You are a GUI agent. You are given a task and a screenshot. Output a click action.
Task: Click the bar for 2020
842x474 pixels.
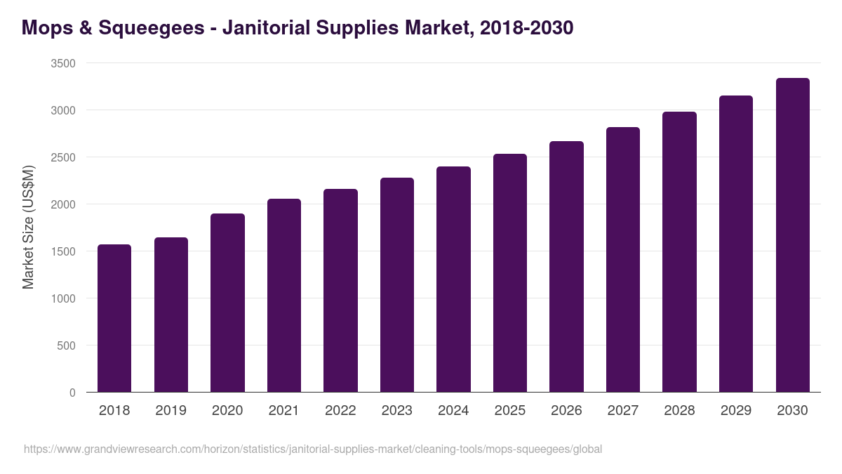coord(227,303)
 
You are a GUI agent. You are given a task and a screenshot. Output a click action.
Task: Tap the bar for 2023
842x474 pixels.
coord(397,285)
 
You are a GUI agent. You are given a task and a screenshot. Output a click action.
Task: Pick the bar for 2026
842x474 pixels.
coord(566,267)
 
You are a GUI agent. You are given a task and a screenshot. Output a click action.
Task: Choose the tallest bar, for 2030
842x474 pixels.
coord(792,235)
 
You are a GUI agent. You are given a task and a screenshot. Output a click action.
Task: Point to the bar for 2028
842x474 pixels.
coord(679,252)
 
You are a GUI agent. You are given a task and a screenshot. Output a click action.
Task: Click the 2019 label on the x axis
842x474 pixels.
coord(171,410)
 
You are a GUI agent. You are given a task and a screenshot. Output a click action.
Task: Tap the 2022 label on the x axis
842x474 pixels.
coord(340,410)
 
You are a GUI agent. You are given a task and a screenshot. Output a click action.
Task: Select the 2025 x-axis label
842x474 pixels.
coord(510,410)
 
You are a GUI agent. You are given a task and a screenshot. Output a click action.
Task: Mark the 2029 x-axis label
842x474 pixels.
coord(736,410)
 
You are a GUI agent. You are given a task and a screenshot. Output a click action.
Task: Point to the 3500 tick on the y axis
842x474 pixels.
coord(63,63)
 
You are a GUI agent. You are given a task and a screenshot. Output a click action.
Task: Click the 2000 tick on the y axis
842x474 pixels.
coord(63,204)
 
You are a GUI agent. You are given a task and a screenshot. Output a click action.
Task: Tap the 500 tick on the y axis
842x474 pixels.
coord(66,345)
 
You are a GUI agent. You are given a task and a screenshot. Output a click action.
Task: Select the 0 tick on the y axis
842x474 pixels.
coord(72,393)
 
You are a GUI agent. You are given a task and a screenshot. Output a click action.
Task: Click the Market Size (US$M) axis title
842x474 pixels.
coord(28,227)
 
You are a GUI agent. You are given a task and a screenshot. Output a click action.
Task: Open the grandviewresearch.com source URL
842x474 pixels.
coord(313,449)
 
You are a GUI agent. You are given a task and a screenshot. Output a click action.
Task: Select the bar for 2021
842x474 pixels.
coord(284,296)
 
